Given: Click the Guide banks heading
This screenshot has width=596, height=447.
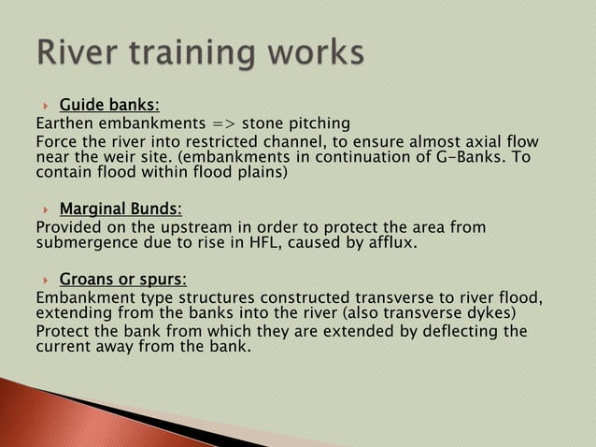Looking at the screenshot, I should (109, 104).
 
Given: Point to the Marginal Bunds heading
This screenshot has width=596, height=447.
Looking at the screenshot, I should (121, 208).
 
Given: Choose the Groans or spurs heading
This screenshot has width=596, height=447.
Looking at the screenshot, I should (122, 279).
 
